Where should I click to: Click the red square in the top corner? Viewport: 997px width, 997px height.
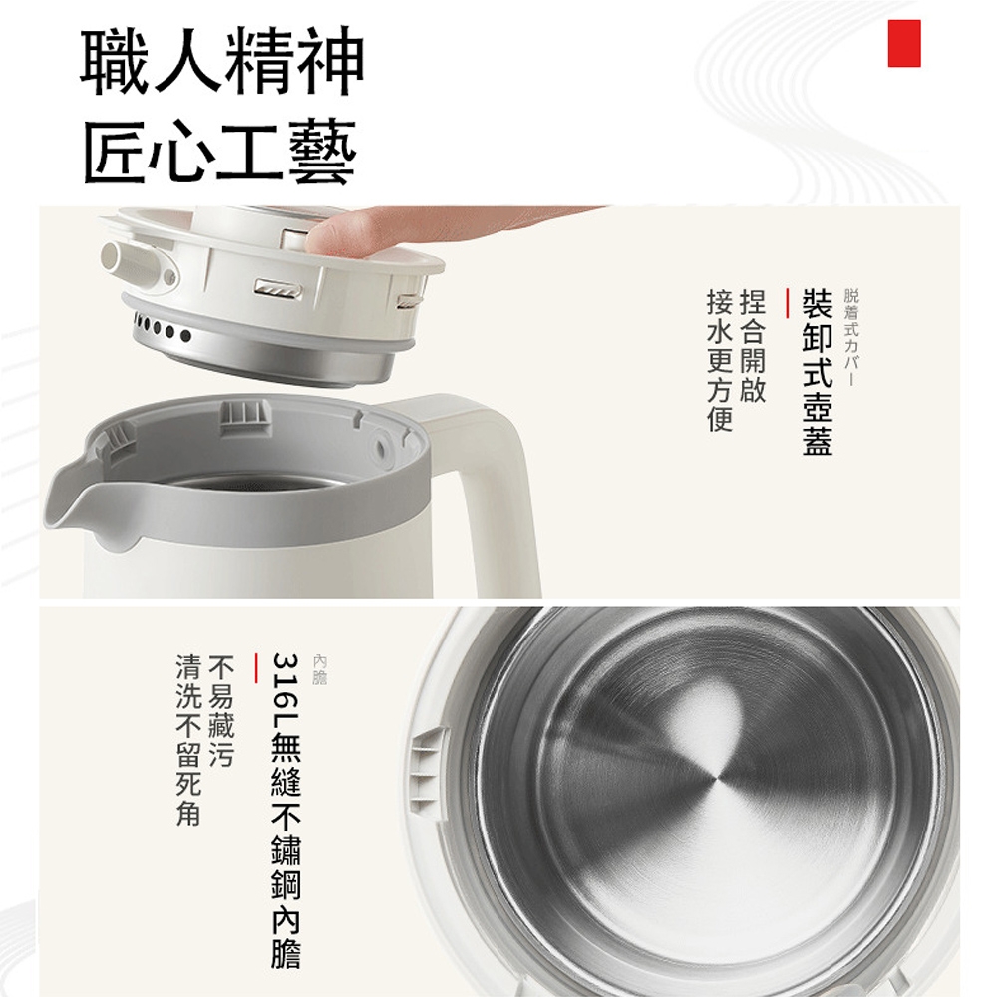(903, 43)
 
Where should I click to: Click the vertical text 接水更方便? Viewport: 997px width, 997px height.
(719, 360)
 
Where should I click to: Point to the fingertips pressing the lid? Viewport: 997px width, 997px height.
(334, 237)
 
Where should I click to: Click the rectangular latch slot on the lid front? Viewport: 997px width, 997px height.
(276, 289)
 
